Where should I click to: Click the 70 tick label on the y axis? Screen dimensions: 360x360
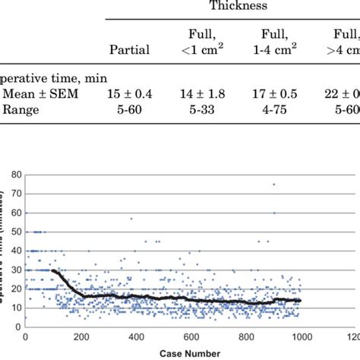pyautogui.click(x=15, y=191)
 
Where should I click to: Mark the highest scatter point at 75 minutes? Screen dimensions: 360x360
pyautogui.click(x=274, y=185)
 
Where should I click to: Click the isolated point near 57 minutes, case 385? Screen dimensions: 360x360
pyautogui.click(x=131, y=219)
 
